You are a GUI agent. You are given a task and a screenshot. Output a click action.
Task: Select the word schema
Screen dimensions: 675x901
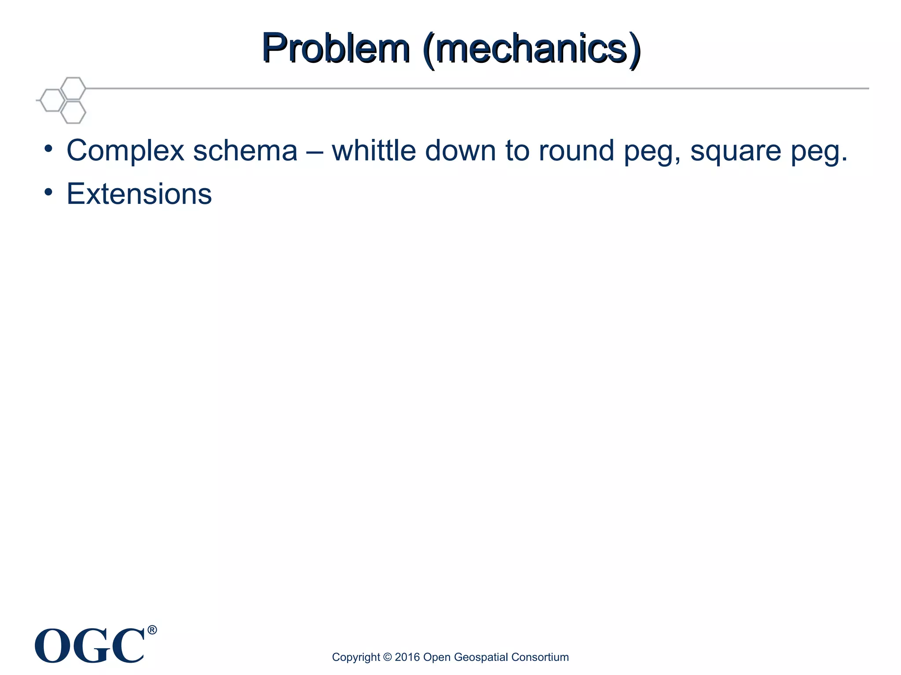(245, 151)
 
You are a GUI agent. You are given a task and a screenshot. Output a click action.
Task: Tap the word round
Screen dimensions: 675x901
(576, 151)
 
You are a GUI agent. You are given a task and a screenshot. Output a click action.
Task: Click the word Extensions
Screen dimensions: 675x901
(139, 194)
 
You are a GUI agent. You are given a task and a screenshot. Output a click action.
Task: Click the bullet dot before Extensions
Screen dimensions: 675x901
(48, 192)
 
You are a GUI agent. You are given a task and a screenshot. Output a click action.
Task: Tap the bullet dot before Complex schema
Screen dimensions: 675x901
(48, 149)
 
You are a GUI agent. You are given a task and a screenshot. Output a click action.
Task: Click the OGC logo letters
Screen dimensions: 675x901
(90, 646)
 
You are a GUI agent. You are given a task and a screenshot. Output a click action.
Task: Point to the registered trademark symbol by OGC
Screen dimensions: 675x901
(152, 630)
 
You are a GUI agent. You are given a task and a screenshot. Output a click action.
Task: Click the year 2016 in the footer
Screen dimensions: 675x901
(407, 657)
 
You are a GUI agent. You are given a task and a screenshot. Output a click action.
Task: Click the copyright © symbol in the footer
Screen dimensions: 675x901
(387, 657)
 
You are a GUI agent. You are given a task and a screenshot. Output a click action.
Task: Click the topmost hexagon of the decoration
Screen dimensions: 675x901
(73, 88)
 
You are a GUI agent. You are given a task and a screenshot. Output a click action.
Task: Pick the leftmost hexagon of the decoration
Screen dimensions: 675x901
(52, 100)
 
